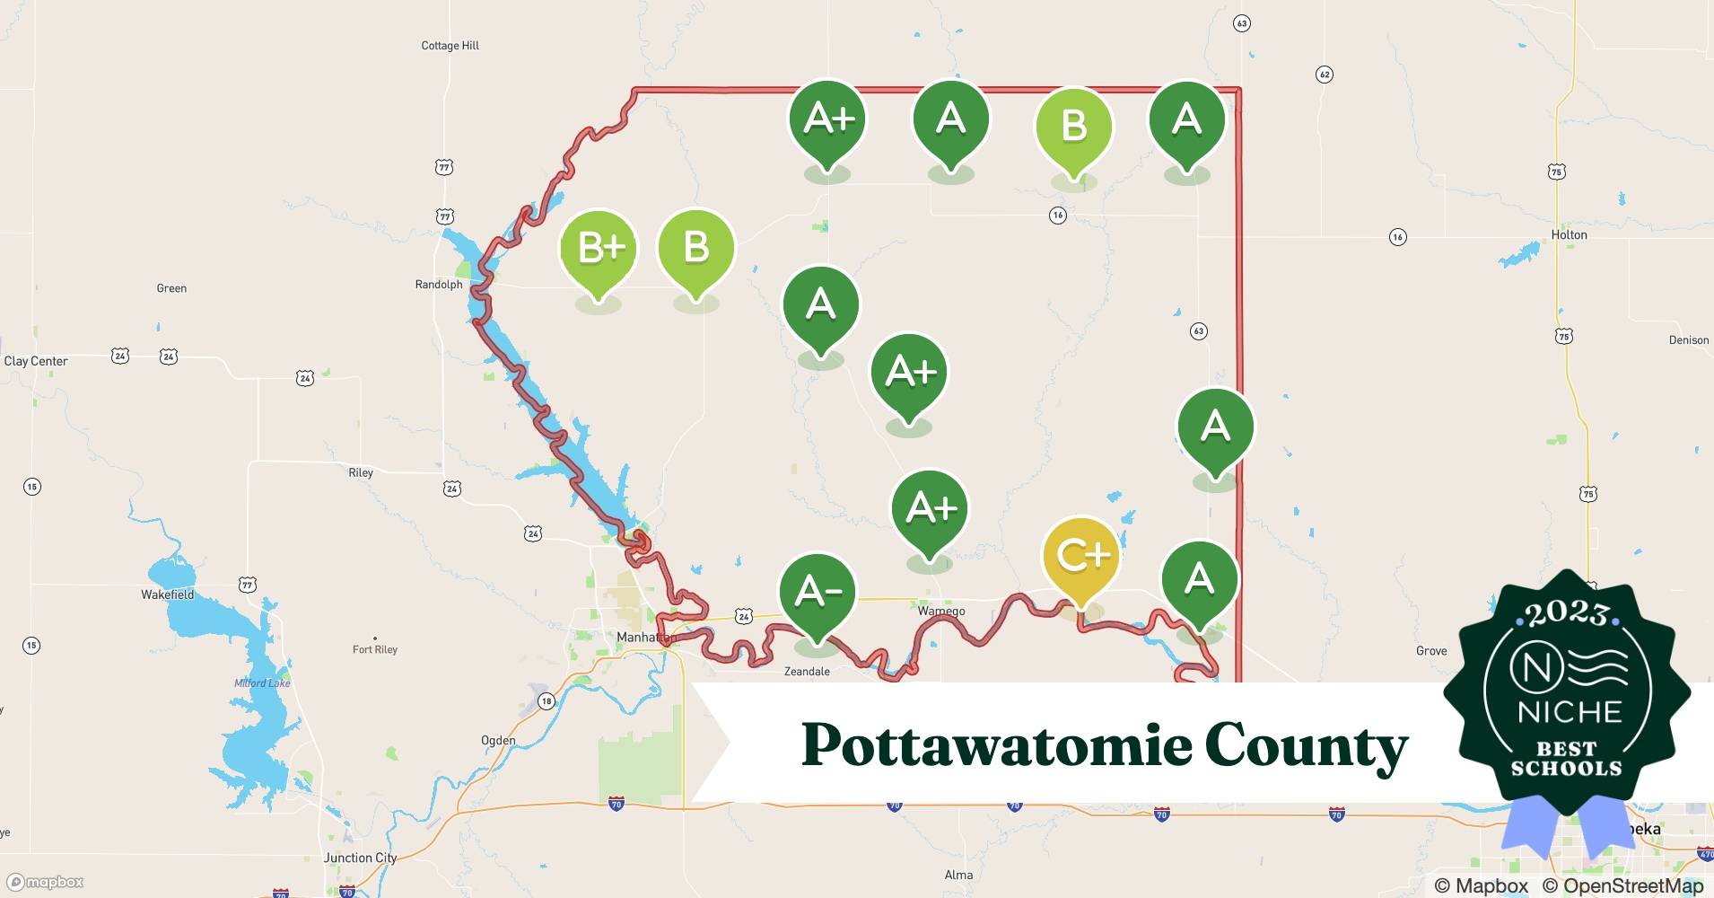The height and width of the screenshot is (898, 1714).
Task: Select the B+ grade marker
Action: (599, 250)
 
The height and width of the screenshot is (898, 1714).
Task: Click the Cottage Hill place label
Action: (450, 46)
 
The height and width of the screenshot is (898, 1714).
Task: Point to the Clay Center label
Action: (36, 361)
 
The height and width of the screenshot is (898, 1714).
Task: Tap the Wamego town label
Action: (941, 611)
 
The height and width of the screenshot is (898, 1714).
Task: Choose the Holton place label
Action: (1569, 235)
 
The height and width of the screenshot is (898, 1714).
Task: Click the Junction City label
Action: (360, 858)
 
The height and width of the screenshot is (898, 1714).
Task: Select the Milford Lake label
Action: (262, 683)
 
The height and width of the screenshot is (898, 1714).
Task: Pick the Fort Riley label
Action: (375, 649)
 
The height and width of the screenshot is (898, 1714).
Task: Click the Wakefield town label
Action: (168, 594)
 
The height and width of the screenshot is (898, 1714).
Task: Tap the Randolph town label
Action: (439, 285)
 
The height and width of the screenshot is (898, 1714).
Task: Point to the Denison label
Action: (1688, 340)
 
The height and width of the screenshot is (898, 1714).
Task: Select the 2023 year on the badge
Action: (1567, 613)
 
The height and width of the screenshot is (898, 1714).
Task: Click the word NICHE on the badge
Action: (1570, 712)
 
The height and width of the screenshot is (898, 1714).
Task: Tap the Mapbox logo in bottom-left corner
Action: (45, 882)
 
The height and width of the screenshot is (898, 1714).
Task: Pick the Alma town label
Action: (958, 875)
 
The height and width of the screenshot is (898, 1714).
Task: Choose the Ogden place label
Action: (498, 741)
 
